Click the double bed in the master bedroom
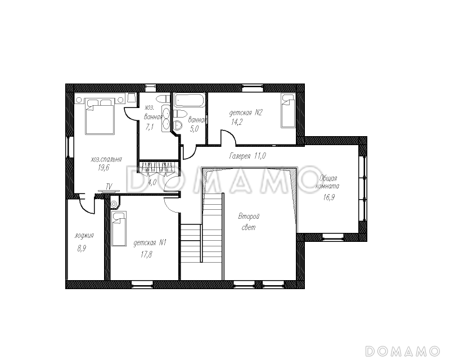100,116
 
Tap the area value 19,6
103,168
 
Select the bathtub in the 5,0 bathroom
190,100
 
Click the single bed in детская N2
288,111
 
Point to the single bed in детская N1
119,229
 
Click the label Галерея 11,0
247,156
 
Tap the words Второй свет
249,222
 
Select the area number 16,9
329,197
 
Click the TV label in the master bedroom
109,186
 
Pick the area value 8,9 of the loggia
82,249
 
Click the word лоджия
84,236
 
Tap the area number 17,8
146,254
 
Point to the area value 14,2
237,122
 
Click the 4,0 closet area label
152,182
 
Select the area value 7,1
150,127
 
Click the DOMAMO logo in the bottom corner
403,351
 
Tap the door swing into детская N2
228,137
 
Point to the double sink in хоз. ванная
165,118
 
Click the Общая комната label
327,182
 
